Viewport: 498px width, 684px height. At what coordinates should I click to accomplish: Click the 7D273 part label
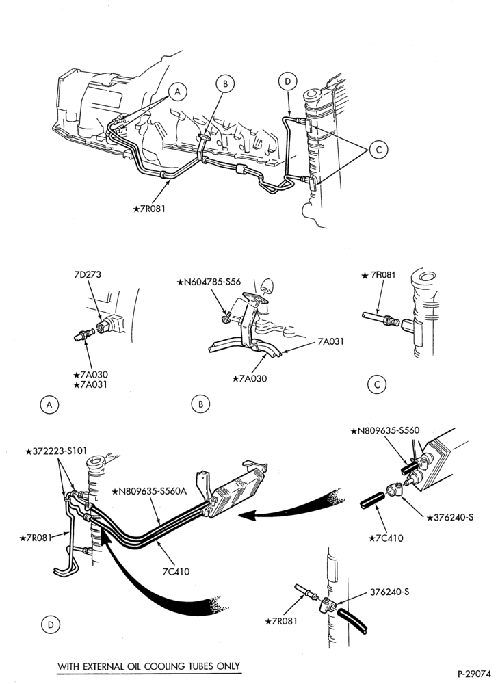click(x=87, y=275)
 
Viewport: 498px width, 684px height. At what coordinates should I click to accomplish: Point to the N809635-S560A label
click(x=150, y=492)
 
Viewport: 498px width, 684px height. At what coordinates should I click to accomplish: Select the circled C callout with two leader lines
click(x=378, y=150)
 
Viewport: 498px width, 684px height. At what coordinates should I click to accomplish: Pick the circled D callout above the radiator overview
click(x=287, y=81)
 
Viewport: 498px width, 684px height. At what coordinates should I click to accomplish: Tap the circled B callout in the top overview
click(x=226, y=83)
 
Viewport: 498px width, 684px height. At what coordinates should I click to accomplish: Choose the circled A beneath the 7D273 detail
click(x=49, y=405)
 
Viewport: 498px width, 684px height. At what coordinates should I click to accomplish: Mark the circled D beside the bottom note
click(x=51, y=625)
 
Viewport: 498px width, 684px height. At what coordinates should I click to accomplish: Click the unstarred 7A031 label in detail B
click(x=330, y=341)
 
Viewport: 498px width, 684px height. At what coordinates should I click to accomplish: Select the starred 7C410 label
click(x=386, y=538)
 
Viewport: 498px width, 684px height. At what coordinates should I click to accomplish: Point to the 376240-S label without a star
click(x=389, y=592)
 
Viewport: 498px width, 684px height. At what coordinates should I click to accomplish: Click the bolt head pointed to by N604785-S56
click(x=226, y=319)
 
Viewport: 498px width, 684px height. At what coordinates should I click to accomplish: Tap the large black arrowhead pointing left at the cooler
click(x=247, y=516)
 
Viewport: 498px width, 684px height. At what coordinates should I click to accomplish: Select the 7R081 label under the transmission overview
click(x=149, y=209)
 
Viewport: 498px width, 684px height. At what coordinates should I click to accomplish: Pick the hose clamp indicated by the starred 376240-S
click(x=395, y=489)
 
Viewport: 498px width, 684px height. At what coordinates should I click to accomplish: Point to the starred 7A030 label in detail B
click(x=250, y=379)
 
